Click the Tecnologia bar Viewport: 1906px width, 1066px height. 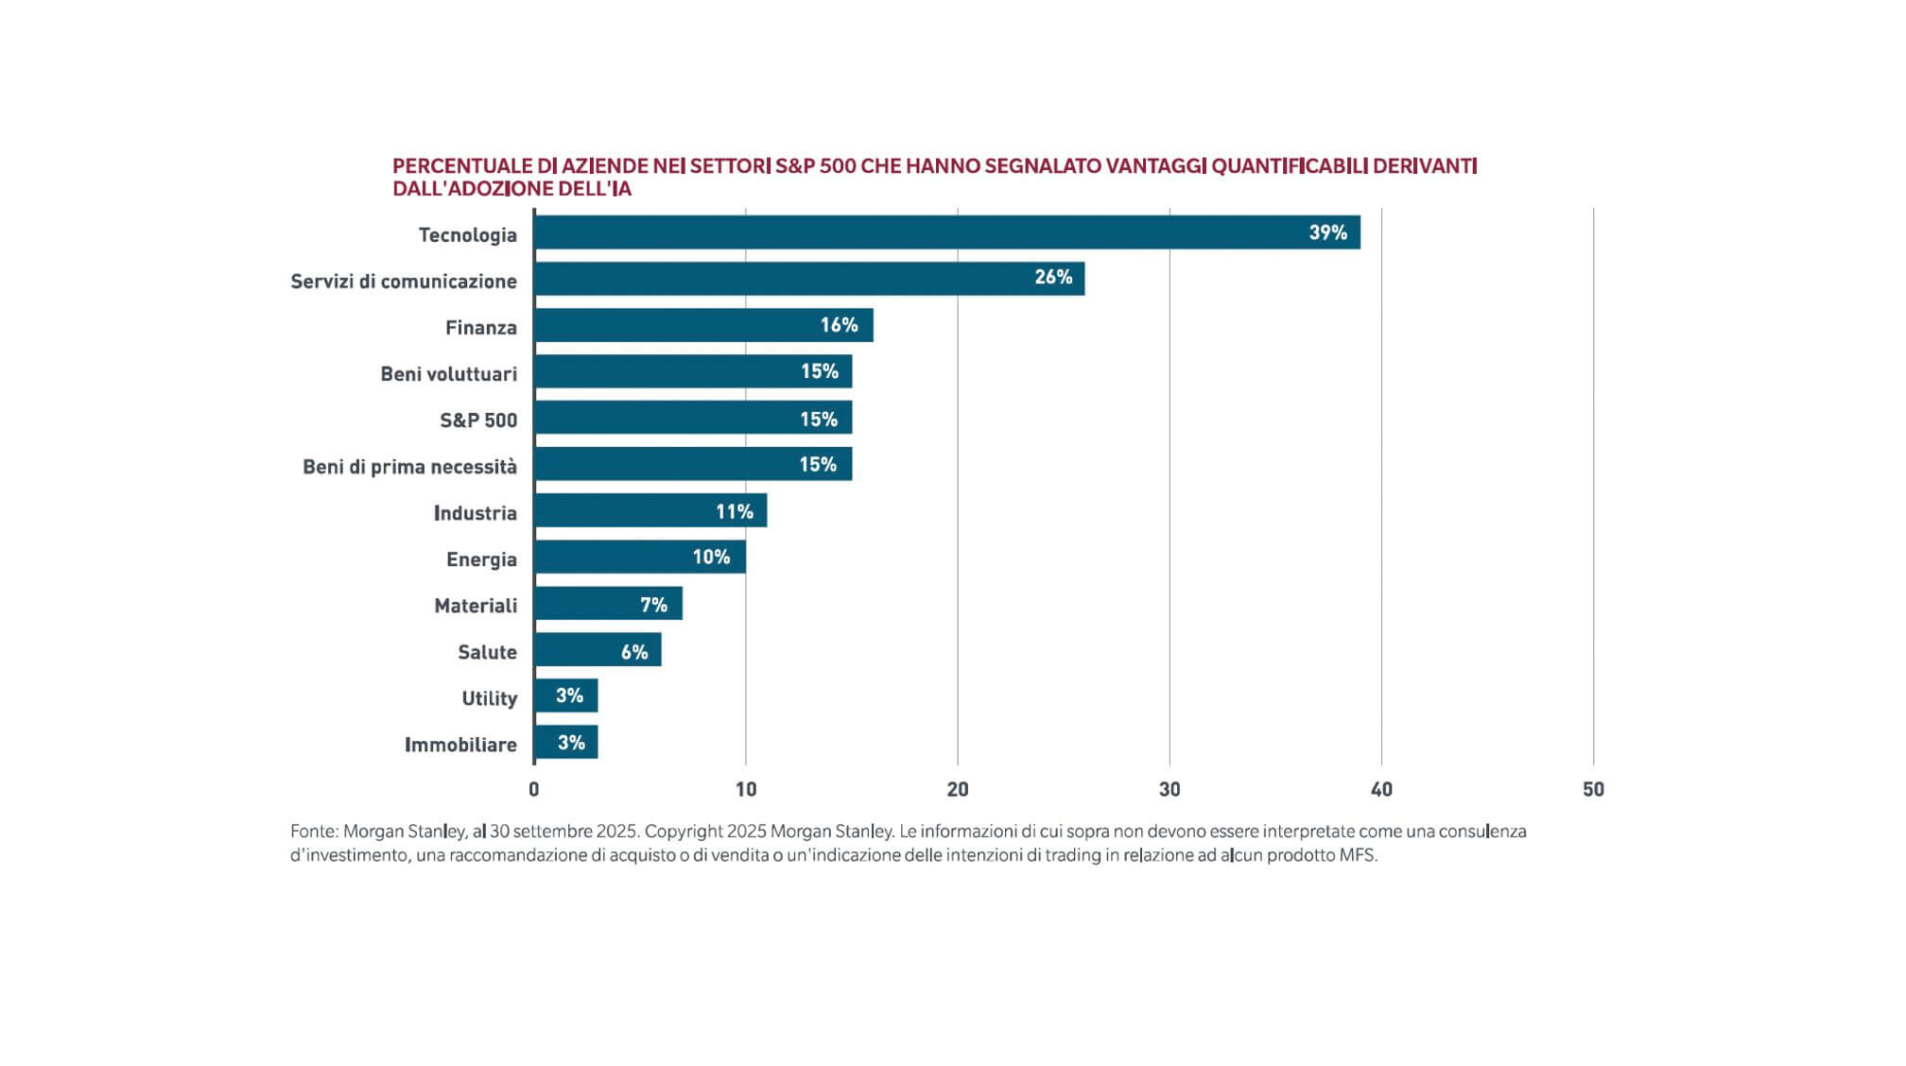(945, 232)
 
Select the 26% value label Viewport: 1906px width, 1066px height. (1053, 278)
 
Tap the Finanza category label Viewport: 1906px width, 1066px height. (481, 328)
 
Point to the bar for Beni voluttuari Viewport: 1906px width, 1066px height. (692, 371)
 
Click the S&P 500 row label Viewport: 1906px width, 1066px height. (478, 421)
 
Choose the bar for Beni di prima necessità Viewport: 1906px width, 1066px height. (692, 464)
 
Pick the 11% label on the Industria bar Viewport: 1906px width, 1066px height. (735, 512)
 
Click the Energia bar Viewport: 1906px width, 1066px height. (639, 558)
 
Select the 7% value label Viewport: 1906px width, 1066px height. (653, 605)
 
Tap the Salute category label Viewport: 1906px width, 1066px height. (487, 652)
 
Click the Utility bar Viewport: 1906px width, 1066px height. (565, 696)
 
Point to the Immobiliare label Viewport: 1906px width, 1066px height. (460, 745)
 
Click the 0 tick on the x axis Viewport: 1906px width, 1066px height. (534, 789)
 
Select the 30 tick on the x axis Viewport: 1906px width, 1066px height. (1170, 789)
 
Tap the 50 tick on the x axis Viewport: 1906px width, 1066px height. (1593, 789)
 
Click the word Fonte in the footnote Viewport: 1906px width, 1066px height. (313, 832)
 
